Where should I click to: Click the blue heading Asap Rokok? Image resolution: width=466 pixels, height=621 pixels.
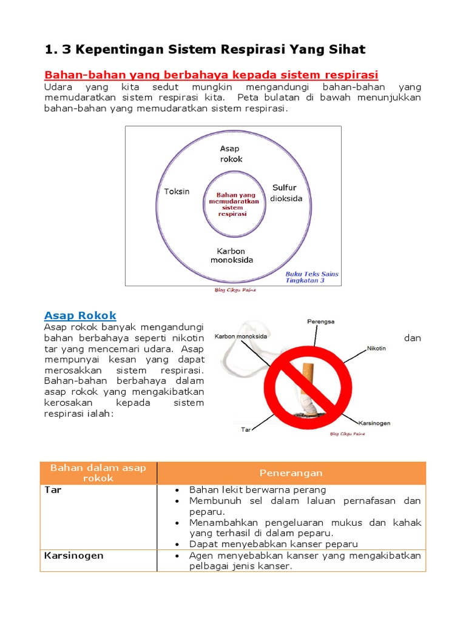click(x=80, y=315)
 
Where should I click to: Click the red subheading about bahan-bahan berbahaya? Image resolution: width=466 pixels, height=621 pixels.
click(x=211, y=75)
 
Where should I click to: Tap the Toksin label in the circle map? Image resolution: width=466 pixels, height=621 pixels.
click(x=177, y=192)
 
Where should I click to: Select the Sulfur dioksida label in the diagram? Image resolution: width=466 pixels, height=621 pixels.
click(x=285, y=193)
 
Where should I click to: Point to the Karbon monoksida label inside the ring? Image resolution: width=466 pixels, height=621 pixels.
click(x=232, y=255)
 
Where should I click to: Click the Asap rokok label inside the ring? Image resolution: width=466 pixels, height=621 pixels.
click(x=231, y=154)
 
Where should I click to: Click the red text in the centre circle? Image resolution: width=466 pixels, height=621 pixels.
click(x=233, y=204)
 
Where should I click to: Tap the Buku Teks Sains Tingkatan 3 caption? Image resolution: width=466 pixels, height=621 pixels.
click(x=312, y=278)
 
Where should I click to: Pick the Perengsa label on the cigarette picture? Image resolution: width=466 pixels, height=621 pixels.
click(x=320, y=321)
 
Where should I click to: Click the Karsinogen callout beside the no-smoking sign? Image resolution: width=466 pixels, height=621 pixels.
click(x=374, y=423)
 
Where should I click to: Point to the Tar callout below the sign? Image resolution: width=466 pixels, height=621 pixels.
click(x=246, y=429)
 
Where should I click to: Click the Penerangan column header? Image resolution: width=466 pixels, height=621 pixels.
click(x=291, y=473)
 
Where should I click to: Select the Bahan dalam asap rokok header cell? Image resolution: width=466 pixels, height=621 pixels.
click(x=98, y=473)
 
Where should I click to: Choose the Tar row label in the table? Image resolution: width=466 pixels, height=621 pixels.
click(x=53, y=490)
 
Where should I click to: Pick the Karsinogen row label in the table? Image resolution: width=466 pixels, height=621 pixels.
click(x=74, y=556)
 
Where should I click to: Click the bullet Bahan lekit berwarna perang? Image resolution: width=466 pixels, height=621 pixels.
click(x=258, y=490)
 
